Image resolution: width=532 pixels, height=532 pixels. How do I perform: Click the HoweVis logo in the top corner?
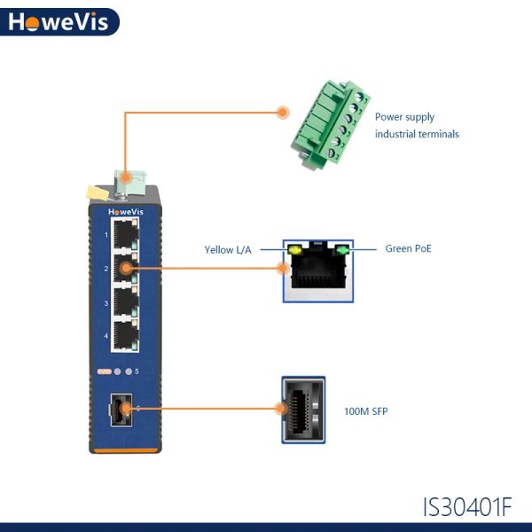59,21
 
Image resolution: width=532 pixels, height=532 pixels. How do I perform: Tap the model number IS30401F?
467,507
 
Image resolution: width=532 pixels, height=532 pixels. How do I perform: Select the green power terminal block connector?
330,125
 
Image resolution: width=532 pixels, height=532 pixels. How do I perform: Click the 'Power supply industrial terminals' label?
417,126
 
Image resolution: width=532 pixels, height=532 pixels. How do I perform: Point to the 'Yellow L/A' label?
228,250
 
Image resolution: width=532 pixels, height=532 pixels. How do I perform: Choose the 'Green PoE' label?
408,248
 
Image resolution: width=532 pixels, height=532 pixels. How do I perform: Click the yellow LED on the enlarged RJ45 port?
294,250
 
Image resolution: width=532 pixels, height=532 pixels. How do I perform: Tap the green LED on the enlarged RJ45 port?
342,250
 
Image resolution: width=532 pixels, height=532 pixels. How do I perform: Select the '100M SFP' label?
365,411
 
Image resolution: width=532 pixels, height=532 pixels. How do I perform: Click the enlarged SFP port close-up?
303,410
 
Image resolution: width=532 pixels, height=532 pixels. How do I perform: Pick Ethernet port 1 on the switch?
125,234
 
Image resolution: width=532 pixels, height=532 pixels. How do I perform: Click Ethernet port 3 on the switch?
125,301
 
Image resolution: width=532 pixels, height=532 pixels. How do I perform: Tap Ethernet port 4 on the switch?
125,335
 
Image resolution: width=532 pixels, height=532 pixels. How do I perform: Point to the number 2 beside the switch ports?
106,269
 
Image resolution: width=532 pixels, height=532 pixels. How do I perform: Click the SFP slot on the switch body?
121,410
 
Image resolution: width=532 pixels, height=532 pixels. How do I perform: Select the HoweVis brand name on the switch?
126,212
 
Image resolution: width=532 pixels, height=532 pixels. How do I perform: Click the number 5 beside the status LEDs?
137,372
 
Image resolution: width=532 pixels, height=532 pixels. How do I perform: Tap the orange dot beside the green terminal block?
283,113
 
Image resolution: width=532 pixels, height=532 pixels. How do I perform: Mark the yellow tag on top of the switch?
98,192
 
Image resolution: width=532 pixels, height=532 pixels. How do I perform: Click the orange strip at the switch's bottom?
125,450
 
